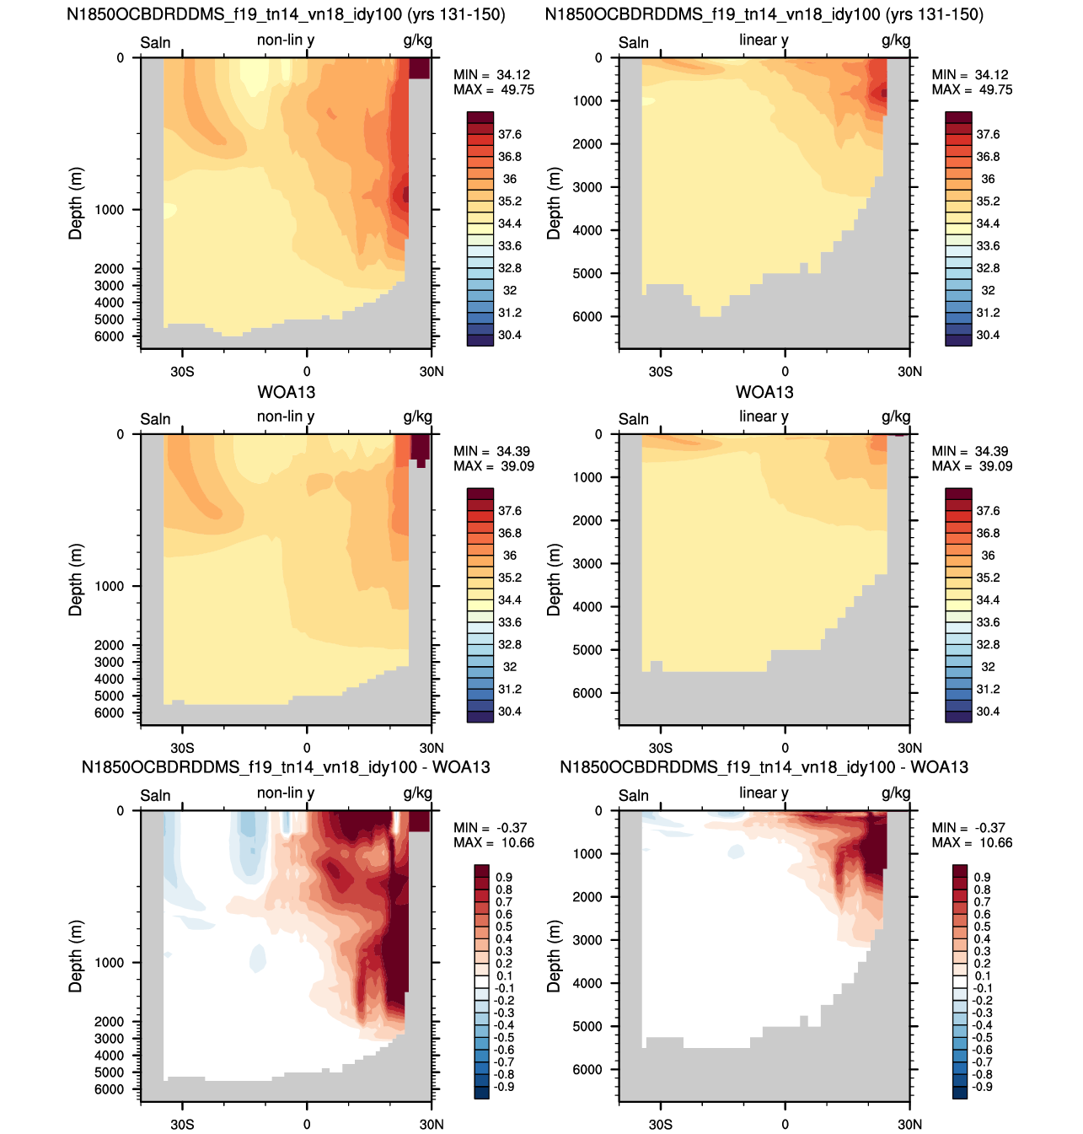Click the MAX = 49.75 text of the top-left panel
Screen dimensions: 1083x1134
[x=493, y=89]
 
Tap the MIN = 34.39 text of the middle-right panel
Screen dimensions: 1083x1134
[x=970, y=451]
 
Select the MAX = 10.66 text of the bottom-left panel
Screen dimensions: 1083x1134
[x=493, y=842]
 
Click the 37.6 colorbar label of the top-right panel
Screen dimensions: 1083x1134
[x=988, y=134]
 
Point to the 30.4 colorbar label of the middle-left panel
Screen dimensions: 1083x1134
[x=509, y=711]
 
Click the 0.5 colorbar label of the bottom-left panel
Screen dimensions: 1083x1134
[x=504, y=927]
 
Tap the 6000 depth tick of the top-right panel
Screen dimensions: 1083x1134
[x=587, y=316]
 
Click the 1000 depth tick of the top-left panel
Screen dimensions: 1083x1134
[x=109, y=210]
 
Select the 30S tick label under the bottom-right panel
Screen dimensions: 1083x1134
[x=660, y=1124]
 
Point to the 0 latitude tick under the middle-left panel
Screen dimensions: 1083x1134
[x=307, y=748]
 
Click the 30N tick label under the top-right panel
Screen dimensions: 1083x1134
[x=909, y=371]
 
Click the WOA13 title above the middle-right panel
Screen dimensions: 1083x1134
[x=764, y=392]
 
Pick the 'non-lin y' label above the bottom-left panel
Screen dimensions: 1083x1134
[x=286, y=793]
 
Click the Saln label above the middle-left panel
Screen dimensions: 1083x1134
[x=155, y=419]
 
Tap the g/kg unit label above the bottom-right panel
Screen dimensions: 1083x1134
[x=895, y=793]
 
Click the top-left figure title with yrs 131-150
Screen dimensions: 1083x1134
[x=286, y=14]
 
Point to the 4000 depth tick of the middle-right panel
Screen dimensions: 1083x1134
[x=587, y=606]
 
